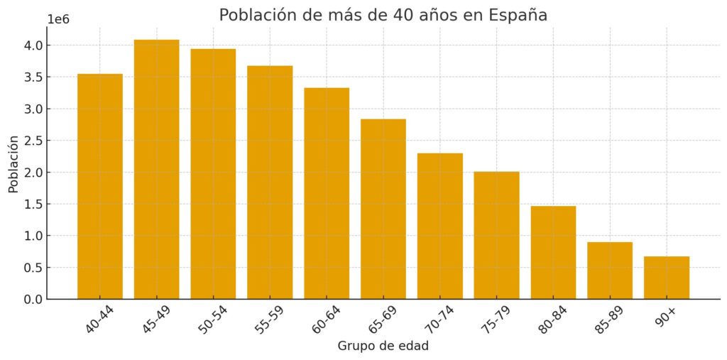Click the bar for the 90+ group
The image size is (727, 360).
[666, 278]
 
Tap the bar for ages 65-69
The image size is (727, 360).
[383, 209]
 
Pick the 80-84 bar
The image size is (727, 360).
[553, 252]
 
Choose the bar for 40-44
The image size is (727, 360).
[99, 186]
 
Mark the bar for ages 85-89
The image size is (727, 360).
[610, 271]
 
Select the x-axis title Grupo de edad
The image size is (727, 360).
[383, 347]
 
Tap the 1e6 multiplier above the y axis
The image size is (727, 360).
[58, 19]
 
